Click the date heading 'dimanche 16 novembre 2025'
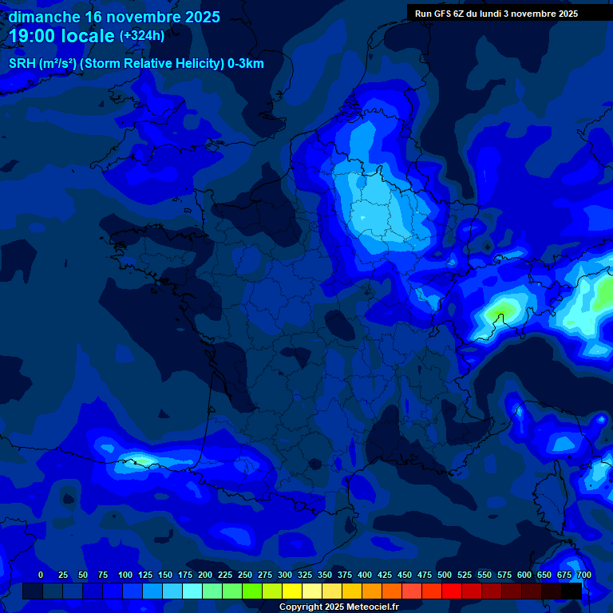pos(114,17)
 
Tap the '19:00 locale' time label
pos(61,36)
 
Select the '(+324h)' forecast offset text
pos(142,36)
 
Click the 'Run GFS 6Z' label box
pos(496,14)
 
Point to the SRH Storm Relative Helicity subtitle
pos(136,64)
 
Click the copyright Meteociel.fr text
pos(339,607)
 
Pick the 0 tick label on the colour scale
pos(41,575)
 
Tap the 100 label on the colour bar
pos(125,575)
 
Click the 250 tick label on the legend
pos(245,575)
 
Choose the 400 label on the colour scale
pos(365,575)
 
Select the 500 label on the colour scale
pos(445,575)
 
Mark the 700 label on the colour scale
pos(584,575)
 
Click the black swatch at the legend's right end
pos(571,591)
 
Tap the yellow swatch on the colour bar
pos(292,591)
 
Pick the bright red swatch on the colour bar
pos(452,591)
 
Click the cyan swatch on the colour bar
pos(192,591)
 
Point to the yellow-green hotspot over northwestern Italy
pos(503,308)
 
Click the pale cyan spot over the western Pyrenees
pos(142,459)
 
